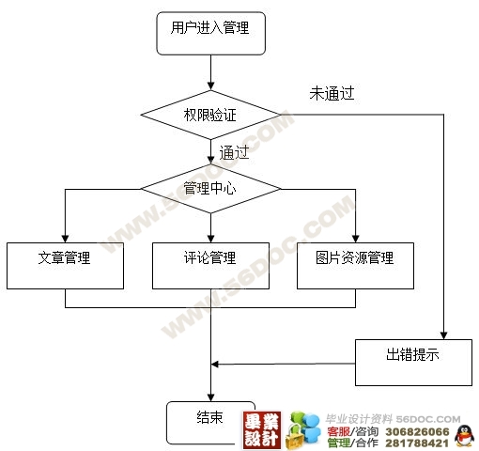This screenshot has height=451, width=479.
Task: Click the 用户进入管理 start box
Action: [x=211, y=34]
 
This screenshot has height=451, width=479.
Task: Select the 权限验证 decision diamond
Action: [x=210, y=115]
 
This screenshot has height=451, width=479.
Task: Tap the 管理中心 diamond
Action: [x=210, y=189]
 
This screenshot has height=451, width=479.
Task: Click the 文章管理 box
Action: [x=65, y=266]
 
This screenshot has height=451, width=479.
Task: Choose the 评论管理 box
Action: [x=210, y=266]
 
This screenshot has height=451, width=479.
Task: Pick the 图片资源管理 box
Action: [x=355, y=266]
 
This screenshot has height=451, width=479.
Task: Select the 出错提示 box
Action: [x=413, y=363]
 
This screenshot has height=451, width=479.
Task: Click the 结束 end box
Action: [x=210, y=423]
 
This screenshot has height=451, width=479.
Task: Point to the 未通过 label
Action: [x=332, y=93]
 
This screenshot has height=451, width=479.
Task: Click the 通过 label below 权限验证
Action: [x=234, y=152]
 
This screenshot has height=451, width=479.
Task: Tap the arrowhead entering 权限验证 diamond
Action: [x=211, y=86]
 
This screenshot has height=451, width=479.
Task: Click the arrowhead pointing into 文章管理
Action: [x=65, y=239]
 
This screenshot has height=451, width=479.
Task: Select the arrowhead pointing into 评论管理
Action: [x=211, y=239]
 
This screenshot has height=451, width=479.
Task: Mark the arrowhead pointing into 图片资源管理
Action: [x=356, y=239]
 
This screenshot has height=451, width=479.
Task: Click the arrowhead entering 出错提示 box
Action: [x=443, y=335]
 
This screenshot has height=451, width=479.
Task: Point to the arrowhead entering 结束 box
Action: [x=211, y=397]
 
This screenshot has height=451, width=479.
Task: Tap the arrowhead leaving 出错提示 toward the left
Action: [x=215, y=365]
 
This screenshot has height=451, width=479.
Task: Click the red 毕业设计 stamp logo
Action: [x=262, y=429]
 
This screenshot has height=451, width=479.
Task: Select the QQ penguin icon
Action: [x=464, y=435]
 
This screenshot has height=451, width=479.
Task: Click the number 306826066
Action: [x=417, y=432]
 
